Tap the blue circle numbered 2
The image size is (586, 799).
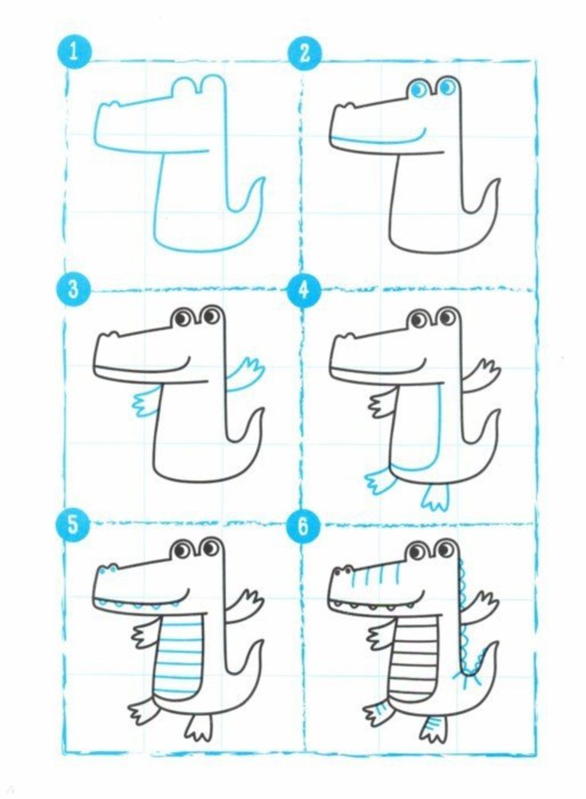304,53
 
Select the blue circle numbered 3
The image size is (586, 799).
73,290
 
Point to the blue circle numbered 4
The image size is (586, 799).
304,291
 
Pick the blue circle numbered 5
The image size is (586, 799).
73,525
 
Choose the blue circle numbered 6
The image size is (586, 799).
303,526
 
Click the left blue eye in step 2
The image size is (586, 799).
419,89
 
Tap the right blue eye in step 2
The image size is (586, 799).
447,88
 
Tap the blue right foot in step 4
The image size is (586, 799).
435,496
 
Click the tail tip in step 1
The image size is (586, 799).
263,178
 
